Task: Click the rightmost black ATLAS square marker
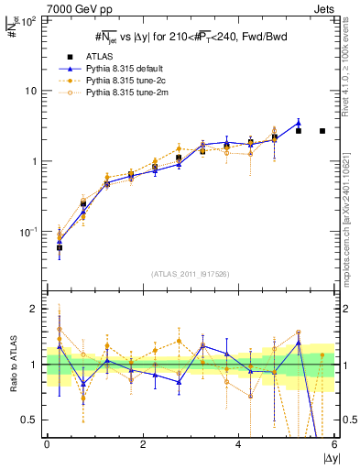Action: [x=322, y=131]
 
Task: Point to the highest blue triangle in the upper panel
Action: [x=299, y=123]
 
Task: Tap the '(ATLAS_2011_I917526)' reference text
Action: [x=191, y=274]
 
